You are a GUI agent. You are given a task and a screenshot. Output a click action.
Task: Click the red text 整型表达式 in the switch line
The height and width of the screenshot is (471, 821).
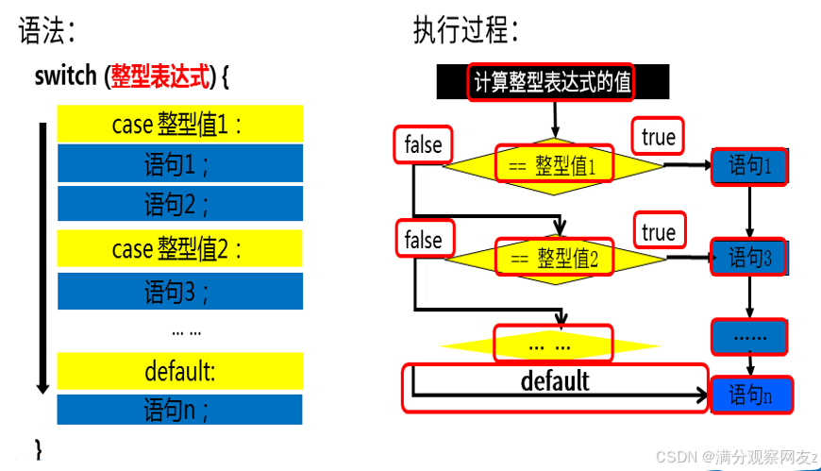click(158, 76)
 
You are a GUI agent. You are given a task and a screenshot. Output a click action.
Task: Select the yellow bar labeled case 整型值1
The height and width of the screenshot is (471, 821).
click(180, 124)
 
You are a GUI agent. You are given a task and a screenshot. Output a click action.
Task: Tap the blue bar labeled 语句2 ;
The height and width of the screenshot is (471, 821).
click(180, 203)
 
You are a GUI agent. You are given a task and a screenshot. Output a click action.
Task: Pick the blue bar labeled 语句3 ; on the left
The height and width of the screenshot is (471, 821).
click(180, 292)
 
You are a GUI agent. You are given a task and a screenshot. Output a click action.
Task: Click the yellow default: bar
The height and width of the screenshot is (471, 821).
click(180, 371)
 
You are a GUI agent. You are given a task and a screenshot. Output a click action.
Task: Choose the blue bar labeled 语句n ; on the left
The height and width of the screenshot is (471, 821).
click(180, 410)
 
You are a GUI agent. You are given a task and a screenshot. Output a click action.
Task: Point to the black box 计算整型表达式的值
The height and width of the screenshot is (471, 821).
click(552, 82)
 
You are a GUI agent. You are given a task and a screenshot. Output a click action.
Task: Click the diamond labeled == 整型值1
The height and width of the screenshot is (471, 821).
click(554, 166)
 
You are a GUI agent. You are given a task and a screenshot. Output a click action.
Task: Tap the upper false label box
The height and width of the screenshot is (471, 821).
click(423, 144)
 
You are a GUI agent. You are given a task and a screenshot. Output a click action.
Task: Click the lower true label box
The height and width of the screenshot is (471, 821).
click(658, 232)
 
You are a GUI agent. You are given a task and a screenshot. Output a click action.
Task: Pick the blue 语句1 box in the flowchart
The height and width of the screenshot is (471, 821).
click(750, 166)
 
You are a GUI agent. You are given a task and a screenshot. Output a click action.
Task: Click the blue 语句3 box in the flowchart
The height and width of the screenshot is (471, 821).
click(750, 257)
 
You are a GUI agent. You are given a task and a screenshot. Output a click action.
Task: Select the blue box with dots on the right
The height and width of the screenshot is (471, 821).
click(750, 335)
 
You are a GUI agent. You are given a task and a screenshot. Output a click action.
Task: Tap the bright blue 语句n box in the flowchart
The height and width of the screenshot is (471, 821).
click(752, 395)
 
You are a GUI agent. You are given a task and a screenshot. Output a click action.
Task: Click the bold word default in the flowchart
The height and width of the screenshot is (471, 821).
click(555, 380)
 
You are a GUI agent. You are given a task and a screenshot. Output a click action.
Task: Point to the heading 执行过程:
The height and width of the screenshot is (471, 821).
click(465, 31)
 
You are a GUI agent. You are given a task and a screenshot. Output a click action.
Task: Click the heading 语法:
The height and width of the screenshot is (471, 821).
click(46, 31)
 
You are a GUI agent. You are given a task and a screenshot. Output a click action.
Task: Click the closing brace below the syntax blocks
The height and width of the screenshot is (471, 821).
click(39, 447)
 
